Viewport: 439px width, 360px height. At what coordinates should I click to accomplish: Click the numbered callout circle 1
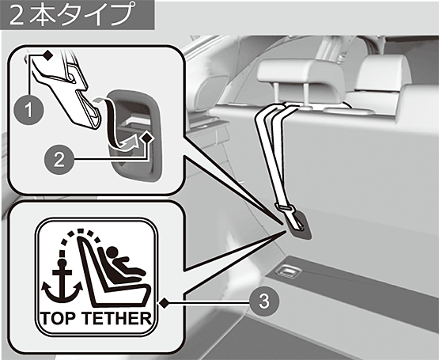pyautogui.click(x=28, y=110)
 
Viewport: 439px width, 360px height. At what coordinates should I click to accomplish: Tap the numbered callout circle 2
pyautogui.click(x=59, y=160)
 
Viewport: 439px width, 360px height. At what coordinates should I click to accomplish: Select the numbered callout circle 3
pyautogui.click(x=264, y=301)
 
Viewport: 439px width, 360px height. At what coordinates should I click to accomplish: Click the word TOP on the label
pyautogui.click(x=59, y=318)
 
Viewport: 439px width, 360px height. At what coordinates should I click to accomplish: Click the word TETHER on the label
pyautogui.click(x=117, y=318)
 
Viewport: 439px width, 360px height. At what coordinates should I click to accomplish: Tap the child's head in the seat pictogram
pyautogui.click(x=112, y=252)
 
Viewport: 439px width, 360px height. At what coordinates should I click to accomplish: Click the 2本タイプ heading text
pyautogui.click(x=70, y=14)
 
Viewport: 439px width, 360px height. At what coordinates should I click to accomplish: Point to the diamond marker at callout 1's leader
pyautogui.click(x=48, y=55)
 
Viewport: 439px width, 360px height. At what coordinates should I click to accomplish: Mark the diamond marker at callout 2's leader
pyautogui.click(x=147, y=138)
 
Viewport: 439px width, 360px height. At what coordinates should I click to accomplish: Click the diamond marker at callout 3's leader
pyautogui.click(x=164, y=303)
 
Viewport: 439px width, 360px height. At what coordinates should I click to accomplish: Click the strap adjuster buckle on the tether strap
pyautogui.click(x=285, y=208)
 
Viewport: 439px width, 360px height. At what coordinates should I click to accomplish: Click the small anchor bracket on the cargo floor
pyautogui.click(x=288, y=271)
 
